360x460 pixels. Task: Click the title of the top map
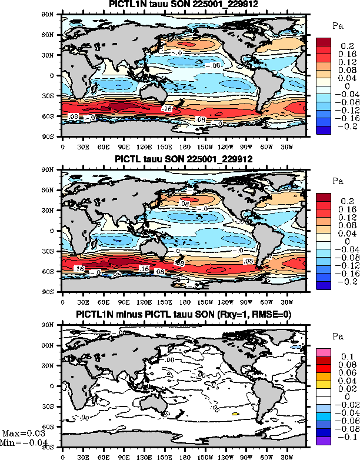click(184, 4)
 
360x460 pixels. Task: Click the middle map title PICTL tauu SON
click(184, 159)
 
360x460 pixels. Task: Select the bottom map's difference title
click(184, 314)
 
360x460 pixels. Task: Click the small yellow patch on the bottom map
click(235, 414)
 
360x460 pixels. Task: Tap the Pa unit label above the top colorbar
click(338, 26)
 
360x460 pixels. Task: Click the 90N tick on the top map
click(54, 14)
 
